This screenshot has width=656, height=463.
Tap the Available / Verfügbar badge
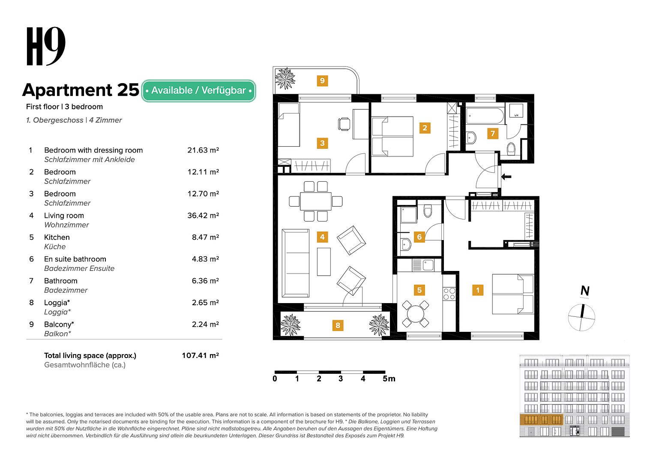point(198,90)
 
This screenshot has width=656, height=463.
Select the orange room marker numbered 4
point(322,237)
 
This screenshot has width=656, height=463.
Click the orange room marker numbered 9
point(322,81)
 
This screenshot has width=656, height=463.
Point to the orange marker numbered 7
point(493,133)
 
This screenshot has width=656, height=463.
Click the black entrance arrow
point(506,176)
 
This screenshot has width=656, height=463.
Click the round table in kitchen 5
point(415,314)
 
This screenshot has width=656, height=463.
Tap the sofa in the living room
point(296,263)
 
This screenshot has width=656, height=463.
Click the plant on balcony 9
point(285,79)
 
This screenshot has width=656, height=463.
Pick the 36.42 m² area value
point(203,216)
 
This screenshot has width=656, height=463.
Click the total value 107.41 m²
point(200,355)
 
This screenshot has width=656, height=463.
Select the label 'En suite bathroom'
point(75,259)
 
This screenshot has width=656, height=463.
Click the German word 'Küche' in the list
point(55,247)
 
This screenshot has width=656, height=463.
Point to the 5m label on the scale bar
point(389,379)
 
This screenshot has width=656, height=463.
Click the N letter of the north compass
point(584,291)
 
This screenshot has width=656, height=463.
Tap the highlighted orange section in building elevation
point(541,420)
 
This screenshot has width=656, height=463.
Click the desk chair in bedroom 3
point(344,124)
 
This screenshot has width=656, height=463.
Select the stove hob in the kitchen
point(449,294)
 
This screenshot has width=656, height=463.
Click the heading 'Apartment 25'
point(81,90)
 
